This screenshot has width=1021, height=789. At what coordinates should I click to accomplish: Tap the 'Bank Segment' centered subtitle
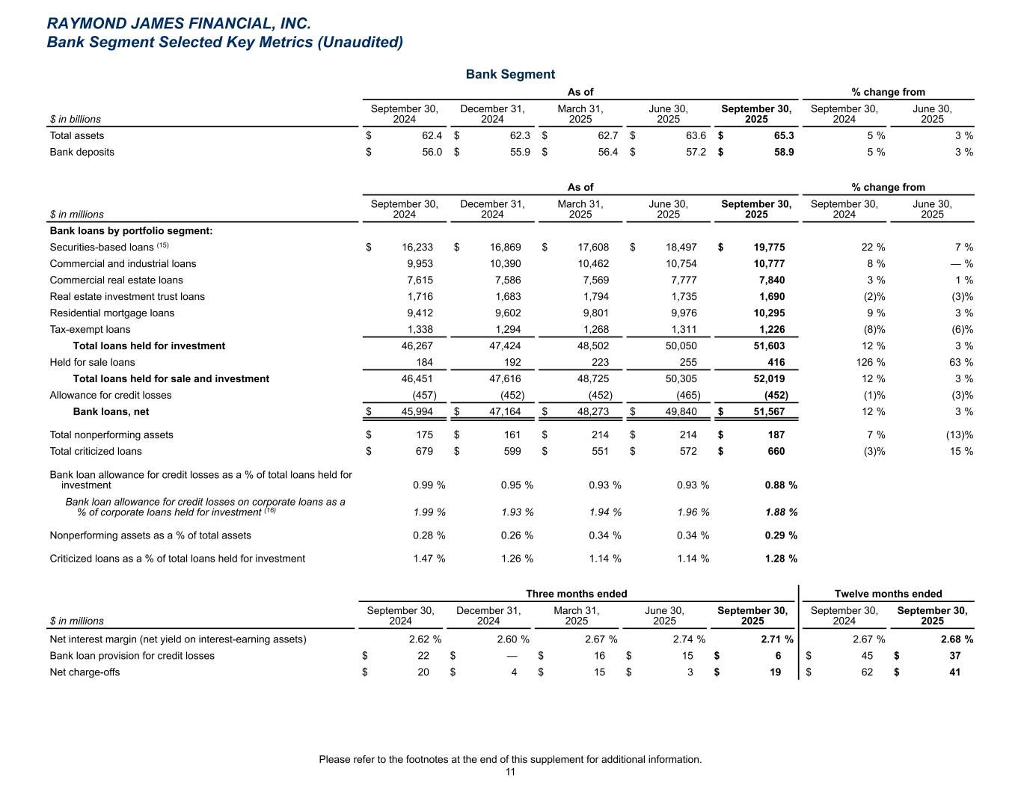coord(510,74)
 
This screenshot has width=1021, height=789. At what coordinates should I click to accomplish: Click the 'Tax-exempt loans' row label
coord(90,329)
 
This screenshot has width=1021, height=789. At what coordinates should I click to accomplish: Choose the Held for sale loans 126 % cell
coord(870,362)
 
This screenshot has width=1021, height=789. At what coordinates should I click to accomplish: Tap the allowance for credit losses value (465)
coord(688,395)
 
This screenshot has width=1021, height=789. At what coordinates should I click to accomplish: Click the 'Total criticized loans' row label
coord(96,451)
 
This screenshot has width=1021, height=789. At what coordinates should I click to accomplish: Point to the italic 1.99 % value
coord(429,512)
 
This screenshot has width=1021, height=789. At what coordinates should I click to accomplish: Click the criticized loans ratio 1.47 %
coord(429,558)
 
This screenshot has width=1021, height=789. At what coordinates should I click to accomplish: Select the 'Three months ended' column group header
coord(576,594)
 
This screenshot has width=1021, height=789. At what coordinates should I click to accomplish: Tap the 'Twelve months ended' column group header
coord(888,594)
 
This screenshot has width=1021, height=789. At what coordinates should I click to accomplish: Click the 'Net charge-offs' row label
coord(85,672)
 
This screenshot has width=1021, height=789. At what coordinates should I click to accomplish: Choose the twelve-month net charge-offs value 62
coord(865,672)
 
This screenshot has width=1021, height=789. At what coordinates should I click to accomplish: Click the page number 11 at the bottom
coord(510,772)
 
